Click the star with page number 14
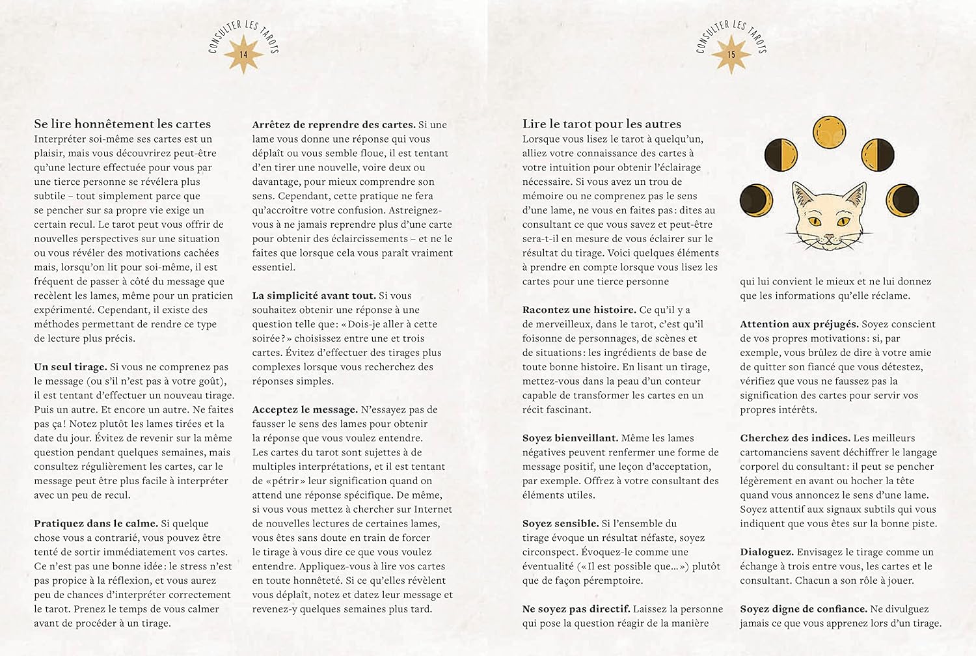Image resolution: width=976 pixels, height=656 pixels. point(243,55)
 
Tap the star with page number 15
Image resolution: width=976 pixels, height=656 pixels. point(731,55)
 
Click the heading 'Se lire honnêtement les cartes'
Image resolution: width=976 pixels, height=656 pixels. point(122,124)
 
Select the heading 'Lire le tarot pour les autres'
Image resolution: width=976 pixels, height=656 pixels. point(601,124)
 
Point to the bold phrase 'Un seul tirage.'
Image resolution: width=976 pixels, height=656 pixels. point(70,367)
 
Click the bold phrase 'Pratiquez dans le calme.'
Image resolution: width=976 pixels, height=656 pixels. point(96,523)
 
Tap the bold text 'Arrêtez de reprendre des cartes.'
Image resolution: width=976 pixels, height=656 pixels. point(333,124)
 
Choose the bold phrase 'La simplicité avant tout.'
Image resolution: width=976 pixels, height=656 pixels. point(314,295)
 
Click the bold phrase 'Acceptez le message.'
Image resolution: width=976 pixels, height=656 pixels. point(305,410)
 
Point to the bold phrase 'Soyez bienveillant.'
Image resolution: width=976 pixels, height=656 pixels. point(570,438)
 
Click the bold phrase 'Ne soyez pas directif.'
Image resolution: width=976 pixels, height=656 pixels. point(576,609)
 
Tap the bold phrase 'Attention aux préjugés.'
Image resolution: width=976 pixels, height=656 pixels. point(799,324)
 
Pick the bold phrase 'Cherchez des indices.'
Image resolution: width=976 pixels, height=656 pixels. point(794,438)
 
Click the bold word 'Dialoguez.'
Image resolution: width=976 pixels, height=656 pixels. point(766,552)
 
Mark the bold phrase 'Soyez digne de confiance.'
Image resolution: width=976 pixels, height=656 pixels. point(803,609)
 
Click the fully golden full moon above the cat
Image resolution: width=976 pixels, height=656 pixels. point(829,131)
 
